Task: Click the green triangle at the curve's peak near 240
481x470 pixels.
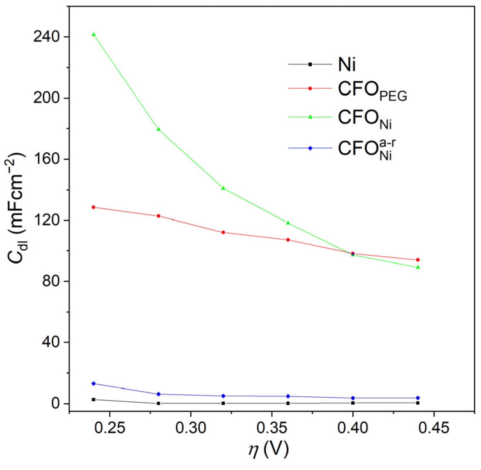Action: pos(93,34)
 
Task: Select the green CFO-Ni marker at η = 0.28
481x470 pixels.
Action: pos(158,129)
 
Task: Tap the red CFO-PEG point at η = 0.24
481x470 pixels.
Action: pos(93,207)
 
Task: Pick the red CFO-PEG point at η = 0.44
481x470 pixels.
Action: pos(418,260)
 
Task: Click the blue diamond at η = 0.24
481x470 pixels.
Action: pos(93,383)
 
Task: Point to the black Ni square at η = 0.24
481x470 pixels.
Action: pos(93,399)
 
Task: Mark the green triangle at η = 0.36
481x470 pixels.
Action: pos(288,223)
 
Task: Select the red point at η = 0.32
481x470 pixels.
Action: pos(223,232)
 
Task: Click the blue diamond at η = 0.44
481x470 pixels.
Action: pos(418,398)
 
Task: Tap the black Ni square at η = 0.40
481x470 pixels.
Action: pos(353,403)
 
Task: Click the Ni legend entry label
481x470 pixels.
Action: pos(347,65)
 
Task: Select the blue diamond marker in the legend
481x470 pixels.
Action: pos(310,148)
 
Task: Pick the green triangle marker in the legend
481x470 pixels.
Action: pos(310,117)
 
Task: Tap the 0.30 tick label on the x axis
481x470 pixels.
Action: pos(190,428)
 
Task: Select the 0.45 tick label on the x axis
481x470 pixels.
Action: pos(434,428)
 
